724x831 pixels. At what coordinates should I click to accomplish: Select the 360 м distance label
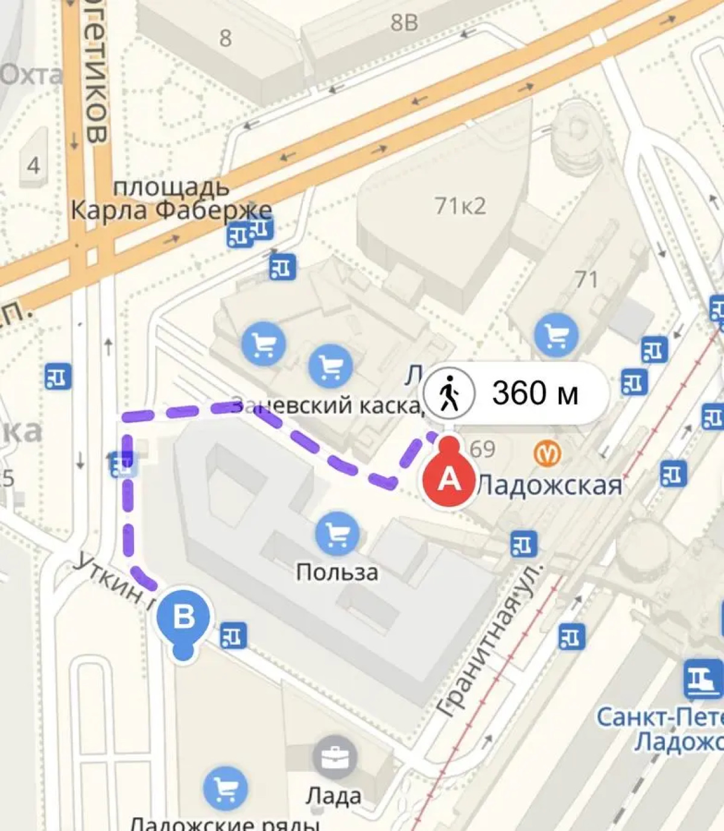[x=535, y=394]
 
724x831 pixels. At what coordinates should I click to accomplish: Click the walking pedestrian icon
[x=449, y=394]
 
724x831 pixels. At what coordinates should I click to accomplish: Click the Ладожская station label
[x=549, y=485]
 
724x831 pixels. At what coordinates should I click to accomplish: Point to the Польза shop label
[x=337, y=572]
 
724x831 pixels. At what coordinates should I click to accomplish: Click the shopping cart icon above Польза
[x=338, y=533]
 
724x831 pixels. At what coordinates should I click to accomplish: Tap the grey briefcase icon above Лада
[x=334, y=757]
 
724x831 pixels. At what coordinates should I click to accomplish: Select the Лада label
[x=334, y=795]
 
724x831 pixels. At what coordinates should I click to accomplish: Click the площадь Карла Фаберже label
[x=171, y=200]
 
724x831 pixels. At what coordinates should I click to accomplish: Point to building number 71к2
[x=460, y=206]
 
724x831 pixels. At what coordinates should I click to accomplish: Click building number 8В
[x=404, y=23]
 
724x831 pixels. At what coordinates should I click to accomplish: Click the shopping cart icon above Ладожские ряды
[x=226, y=788]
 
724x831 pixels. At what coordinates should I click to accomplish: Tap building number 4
[x=33, y=165]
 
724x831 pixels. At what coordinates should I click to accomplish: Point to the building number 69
[x=482, y=449]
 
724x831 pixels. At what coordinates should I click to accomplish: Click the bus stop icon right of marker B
[x=233, y=635]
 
